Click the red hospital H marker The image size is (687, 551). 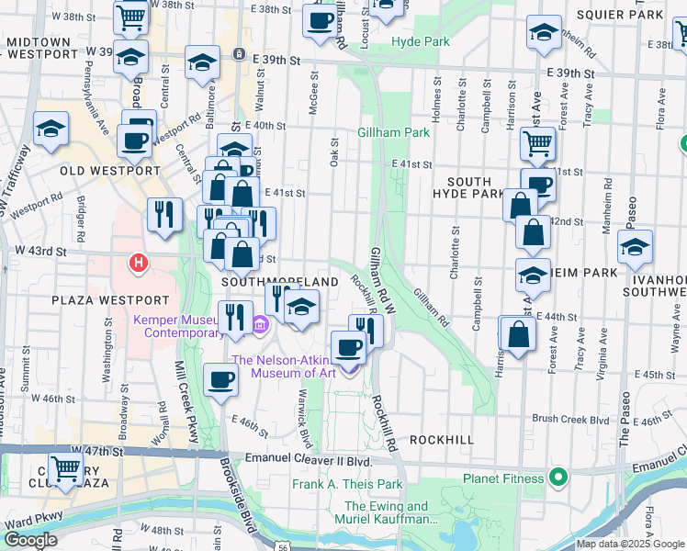coord(139,264)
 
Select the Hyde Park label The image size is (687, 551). coord(421,42)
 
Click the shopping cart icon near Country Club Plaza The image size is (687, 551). coord(65,467)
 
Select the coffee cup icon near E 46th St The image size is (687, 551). coord(220,378)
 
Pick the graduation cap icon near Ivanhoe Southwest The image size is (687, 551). coord(635,247)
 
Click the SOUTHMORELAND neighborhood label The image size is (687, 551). coord(273,281)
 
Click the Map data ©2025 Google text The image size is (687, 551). coord(630,544)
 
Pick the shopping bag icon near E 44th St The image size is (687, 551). coord(518,333)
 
